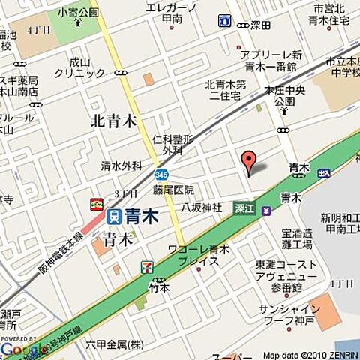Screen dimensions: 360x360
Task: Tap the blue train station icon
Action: tap(115, 217)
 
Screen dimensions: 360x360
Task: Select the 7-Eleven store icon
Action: tap(147, 267)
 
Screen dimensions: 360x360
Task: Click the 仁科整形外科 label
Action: tap(172, 145)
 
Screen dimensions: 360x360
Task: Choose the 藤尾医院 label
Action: tap(173, 190)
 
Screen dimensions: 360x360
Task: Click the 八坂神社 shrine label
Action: tap(201, 206)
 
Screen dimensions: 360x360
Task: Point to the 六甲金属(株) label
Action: tap(114, 344)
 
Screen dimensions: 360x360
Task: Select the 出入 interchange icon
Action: tap(323, 172)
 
